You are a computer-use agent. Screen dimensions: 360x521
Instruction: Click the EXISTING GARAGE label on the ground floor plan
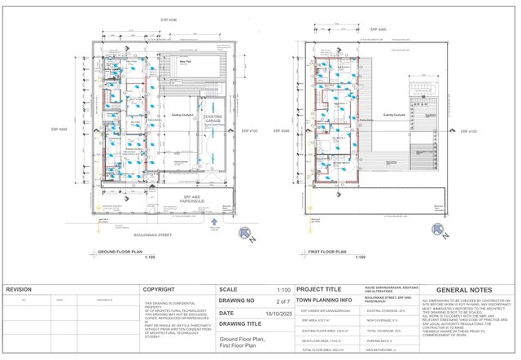[x=212, y=121]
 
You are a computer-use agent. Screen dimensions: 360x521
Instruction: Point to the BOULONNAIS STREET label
[x=153, y=235]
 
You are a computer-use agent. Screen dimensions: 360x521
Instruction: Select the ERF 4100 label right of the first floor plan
[x=469, y=131]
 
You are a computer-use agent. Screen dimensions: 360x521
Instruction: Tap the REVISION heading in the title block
[x=20, y=289]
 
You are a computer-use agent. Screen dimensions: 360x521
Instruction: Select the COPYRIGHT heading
[x=159, y=289]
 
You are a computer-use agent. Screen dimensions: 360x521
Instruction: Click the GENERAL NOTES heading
[x=465, y=290]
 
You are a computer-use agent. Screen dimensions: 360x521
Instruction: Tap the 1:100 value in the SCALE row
[x=283, y=289]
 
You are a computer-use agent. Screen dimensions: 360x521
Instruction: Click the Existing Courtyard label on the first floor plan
[x=393, y=115]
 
